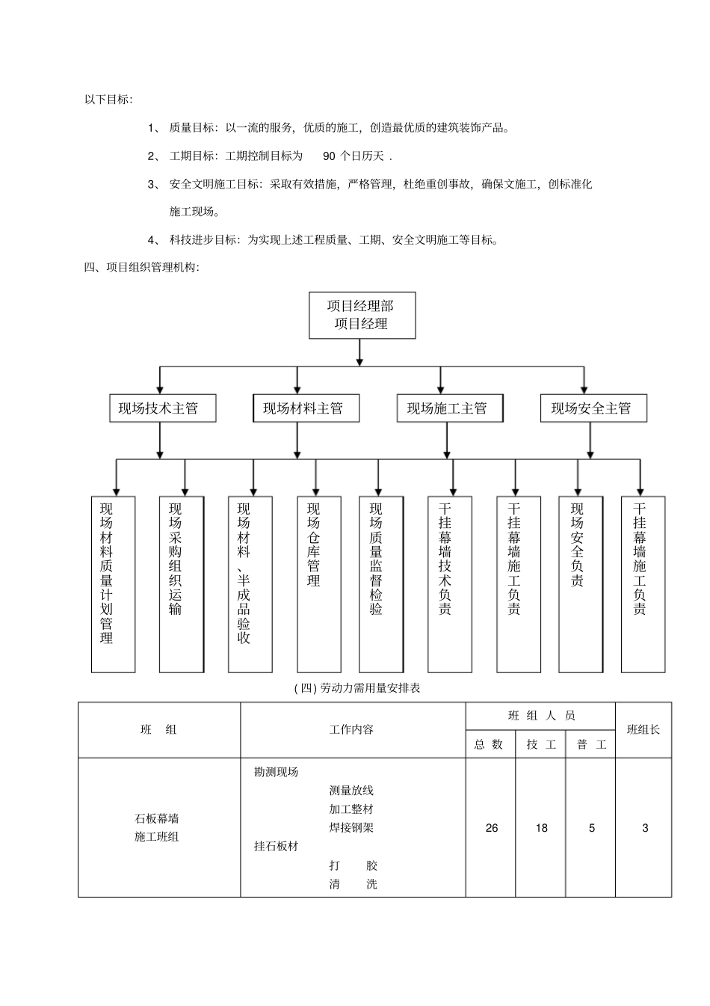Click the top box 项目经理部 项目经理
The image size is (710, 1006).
pos(362,315)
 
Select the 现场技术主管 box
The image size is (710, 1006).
pos(158,408)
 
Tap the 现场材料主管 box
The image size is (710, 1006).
pos(303,408)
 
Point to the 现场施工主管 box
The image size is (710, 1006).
pos(447,408)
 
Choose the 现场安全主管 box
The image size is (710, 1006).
pos(591,408)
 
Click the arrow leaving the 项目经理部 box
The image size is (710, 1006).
pos(360,352)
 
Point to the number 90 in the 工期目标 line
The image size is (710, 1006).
pos(330,156)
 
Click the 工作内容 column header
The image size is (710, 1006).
pos(352,730)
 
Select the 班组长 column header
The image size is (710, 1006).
pos(643,730)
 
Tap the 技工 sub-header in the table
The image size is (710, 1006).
pos(541,745)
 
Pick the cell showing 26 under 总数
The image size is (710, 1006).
pos(491,828)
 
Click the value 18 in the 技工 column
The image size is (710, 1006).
pos(541,828)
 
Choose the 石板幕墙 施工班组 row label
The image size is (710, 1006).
pos(157,828)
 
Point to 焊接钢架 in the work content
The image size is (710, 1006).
pos(351,828)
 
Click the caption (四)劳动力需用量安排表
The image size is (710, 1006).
pos(357,688)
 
